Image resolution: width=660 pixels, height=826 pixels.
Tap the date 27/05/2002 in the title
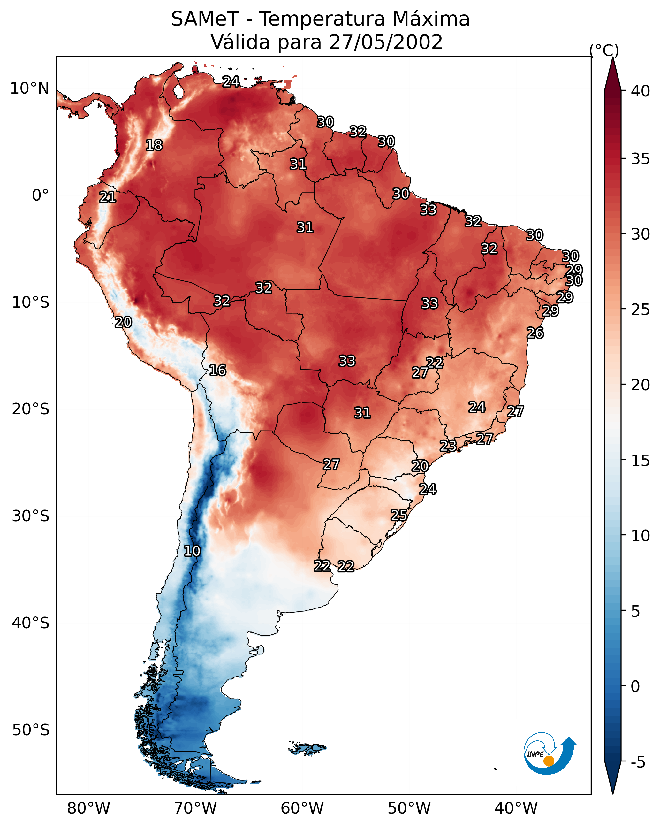[x=386, y=42]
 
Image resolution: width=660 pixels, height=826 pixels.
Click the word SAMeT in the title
[x=205, y=19]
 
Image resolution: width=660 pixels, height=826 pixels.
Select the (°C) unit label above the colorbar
[x=604, y=50]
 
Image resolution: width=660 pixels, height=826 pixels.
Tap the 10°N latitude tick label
[x=29, y=88]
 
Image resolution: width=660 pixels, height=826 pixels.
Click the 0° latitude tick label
[x=41, y=195]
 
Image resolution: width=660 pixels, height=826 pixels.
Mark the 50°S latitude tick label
[x=31, y=730]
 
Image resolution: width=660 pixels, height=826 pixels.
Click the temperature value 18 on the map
[x=154, y=145]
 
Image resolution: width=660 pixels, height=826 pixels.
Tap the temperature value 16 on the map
[x=217, y=371]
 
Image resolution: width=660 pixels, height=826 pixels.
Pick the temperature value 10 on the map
[x=192, y=551]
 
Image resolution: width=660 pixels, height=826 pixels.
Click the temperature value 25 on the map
[x=399, y=515]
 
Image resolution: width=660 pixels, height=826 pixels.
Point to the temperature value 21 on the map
[x=108, y=197]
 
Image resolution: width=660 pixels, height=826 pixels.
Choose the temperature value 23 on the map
[x=448, y=446]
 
